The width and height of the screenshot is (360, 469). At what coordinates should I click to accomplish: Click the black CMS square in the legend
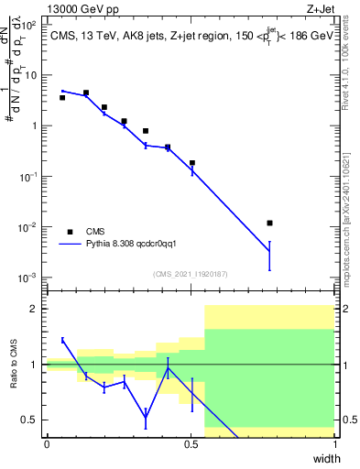(x=70, y=232)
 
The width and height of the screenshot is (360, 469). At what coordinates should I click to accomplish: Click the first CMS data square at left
(x=62, y=97)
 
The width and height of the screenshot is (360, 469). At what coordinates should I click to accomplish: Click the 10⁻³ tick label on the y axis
(x=28, y=277)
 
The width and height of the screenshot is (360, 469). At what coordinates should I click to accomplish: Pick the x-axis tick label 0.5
(x=191, y=443)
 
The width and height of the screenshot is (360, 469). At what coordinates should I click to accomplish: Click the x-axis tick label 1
(x=334, y=443)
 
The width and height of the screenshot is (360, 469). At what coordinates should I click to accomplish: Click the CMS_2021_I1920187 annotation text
(x=190, y=273)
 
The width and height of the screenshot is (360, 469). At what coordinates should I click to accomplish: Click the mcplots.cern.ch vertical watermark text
(x=350, y=212)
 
